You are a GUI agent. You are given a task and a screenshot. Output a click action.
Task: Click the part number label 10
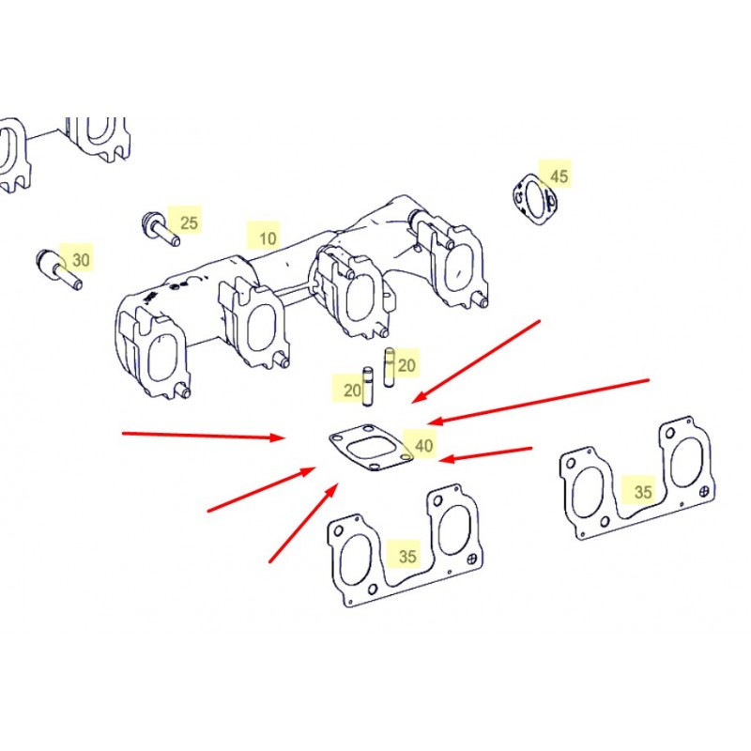tap(268, 238)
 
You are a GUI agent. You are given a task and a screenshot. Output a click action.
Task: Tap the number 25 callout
tap(189, 222)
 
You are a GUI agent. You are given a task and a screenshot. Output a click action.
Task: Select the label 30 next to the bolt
tap(81, 260)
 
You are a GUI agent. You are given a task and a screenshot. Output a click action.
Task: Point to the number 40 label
tap(424, 446)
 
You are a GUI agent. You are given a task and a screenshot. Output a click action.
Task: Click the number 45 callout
tap(559, 176)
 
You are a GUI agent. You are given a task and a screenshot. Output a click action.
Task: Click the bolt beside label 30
tap(59, 269)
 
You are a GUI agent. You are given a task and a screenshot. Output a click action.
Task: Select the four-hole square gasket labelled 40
tap(371, 447)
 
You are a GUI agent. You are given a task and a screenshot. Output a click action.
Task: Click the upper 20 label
tap(406, 366)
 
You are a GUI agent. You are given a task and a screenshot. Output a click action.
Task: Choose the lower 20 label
tap(352, 391)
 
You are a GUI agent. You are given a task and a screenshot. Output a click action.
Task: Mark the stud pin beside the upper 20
tap(390, 367)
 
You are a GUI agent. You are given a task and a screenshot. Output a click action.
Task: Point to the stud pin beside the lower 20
tap(368, 387)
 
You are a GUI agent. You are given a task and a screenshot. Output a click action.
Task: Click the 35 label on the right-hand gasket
tap(643, 492)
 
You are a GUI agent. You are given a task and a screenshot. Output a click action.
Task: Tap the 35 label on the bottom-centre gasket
tap(407, 556)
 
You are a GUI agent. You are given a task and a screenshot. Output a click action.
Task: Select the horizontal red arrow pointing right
tap(204, 436)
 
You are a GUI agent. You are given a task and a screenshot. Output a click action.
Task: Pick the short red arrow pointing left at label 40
tap(485, 454)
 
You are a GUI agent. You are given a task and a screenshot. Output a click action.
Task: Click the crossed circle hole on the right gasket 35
tap(704, 491)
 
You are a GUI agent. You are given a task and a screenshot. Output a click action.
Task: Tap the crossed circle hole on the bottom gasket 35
tap(472, 559)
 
